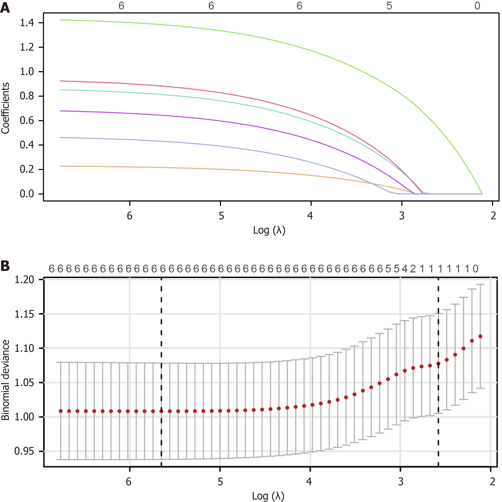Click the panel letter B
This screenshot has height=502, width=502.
point(5,266)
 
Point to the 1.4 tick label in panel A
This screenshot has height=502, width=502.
point(27,23)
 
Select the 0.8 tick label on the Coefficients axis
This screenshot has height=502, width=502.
point(27,96)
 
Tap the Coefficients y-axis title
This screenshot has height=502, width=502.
point(5,108)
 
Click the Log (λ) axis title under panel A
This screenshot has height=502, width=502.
point(269,230)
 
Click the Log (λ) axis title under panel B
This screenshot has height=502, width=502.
point(268,496)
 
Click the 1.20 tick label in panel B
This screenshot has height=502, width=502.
point(24,280)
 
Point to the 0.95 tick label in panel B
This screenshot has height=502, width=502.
point(24,451)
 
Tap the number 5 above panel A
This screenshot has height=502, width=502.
point(389,6)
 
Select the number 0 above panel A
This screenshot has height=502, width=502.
point(477,6)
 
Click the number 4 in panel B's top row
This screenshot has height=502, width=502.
point(405,269)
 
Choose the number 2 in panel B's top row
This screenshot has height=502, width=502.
point(413,269)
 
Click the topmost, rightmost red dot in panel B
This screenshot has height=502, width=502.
point(480,336)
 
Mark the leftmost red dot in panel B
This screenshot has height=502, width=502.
point(61,411)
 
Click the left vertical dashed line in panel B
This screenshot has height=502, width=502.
point(161,364)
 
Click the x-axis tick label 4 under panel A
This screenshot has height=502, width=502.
point(310,216)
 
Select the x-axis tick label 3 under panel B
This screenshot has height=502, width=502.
point(401,482)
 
